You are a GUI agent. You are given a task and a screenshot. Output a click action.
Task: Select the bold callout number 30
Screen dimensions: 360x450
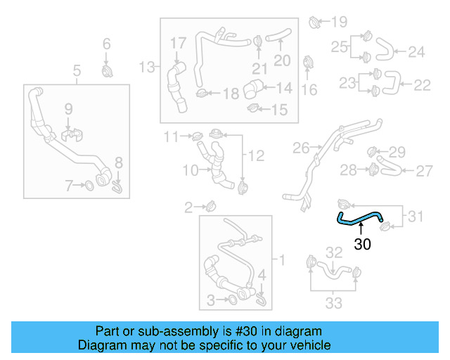[362, 245]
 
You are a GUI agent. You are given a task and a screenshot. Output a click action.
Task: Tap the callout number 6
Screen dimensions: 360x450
[107, 45]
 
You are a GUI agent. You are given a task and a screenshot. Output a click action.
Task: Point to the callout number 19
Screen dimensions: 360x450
[339, 21]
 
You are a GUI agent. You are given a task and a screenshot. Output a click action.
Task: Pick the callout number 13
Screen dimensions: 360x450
[146, 67]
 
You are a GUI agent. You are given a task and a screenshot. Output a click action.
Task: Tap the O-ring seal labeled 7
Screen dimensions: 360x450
[90, 186]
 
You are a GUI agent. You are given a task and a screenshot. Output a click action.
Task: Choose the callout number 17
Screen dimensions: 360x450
[178, 44]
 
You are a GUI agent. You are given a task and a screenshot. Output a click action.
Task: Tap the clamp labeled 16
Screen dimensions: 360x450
[307, 64]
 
